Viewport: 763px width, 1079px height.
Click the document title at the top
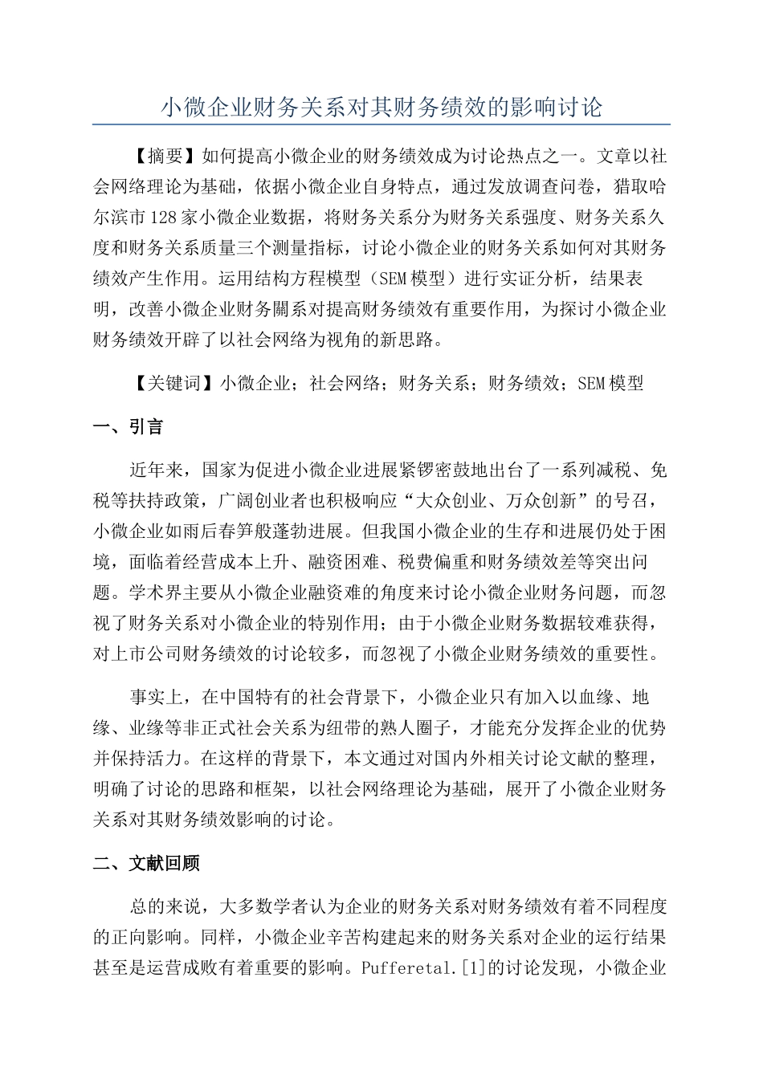[x=381, y=107]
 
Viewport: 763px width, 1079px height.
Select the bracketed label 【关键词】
[x=174, y=383]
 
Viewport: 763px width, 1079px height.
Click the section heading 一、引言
[x=129, y=427]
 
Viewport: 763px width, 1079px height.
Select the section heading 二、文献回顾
[x=146, y=863]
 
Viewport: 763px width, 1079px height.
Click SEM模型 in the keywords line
[x=610, y=383]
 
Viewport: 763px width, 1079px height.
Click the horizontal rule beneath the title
[x=381, y=124]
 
